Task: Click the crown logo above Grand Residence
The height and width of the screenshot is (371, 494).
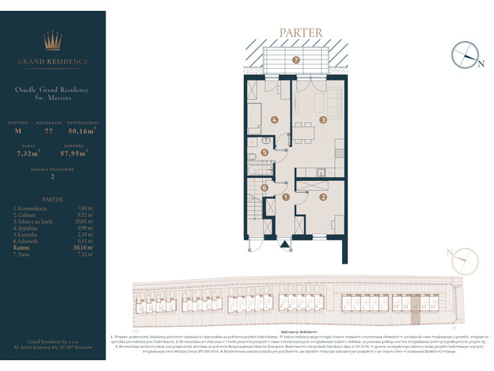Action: click(52, 41)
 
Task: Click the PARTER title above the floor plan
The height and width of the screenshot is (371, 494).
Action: click(296, 33)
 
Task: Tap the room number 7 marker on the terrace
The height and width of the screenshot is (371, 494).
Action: click(295, 60)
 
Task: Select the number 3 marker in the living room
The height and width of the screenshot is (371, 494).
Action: click(323, 120)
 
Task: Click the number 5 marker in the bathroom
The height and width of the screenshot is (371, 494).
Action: click(265, 153)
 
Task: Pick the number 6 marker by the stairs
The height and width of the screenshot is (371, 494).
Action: click(264, 187)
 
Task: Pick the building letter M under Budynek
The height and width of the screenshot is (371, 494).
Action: click(19, 132)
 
